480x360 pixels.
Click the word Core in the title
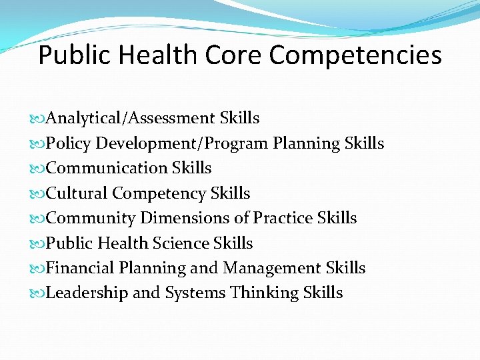pos(233,55)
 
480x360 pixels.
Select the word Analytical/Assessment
pos(131,119)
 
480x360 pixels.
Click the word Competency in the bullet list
pos(159,194)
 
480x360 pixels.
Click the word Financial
pos(80,268)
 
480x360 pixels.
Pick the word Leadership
pos(87,293)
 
